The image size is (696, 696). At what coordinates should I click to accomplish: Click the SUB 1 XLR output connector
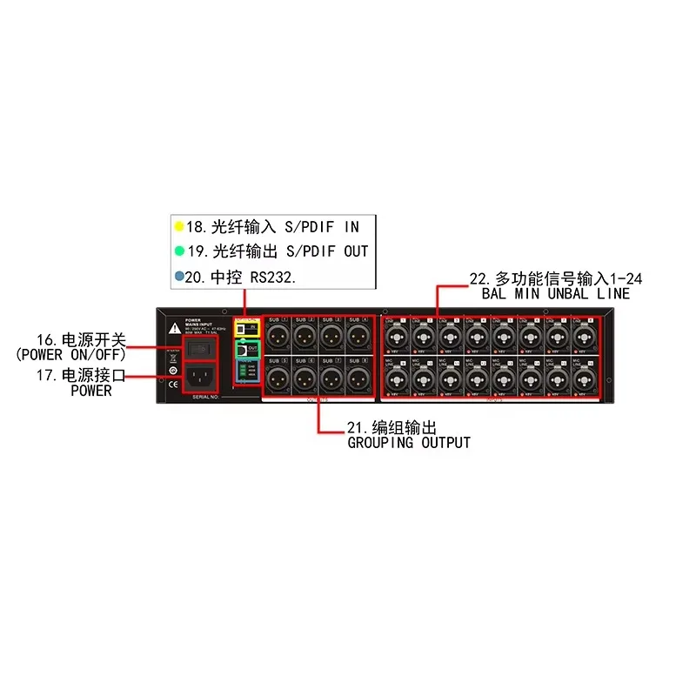pyautogui.click(x=278, y=334)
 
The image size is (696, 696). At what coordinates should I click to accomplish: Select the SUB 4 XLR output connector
pyautogui.click(x=358, y=334)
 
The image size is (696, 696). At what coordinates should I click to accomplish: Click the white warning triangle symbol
pyautogui.click(x=176, y=328)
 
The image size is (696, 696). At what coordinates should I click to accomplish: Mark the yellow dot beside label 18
pyautogui.click(x=179, y=227)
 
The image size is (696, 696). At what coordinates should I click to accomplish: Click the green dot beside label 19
pyautogui.click(x=179, y=251)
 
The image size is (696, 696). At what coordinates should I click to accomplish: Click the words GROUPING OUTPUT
pyautogui.click(x=409, y=443)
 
